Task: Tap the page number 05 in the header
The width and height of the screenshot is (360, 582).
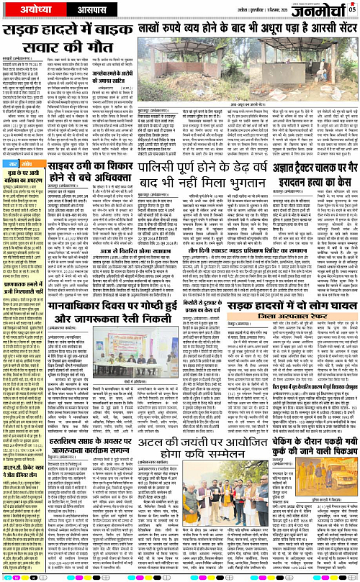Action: point(352,9)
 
